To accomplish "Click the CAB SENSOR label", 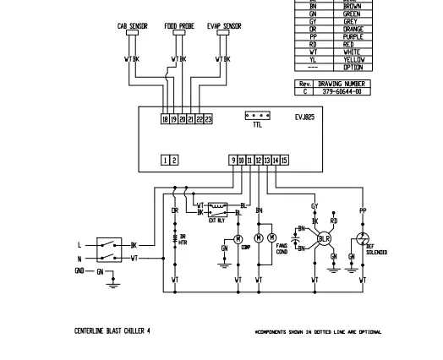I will (x=132, y=26).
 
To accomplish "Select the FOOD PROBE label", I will (x=179, y=26).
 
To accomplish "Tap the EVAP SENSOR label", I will (x=224, y=26).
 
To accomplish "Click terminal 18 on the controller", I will (x=164, y=120).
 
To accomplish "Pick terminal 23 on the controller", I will (x=208, y=120).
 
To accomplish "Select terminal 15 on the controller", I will (x=285, y=160).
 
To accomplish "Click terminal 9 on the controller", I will (x=232, y=160).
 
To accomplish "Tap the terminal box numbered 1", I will (x=165, y=160).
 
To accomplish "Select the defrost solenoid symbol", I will (x=364, y=239).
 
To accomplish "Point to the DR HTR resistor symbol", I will (x=175, y=237).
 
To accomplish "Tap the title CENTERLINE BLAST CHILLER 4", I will (x=114, y=330).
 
